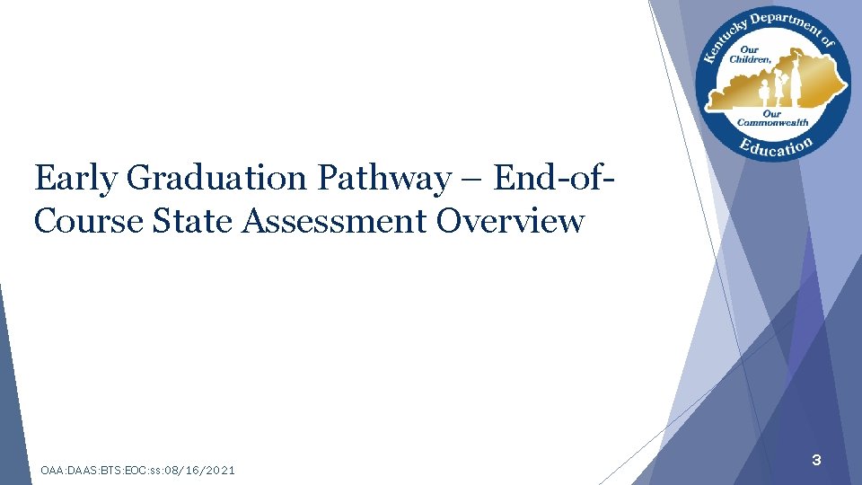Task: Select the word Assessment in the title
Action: [x=330, y=219]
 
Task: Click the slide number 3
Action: [x=816, y=461]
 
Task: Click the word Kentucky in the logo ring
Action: [x=719, y=44]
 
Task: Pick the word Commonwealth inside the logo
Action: [x=773, y=122]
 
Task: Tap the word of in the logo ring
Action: [x=828, y=42]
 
